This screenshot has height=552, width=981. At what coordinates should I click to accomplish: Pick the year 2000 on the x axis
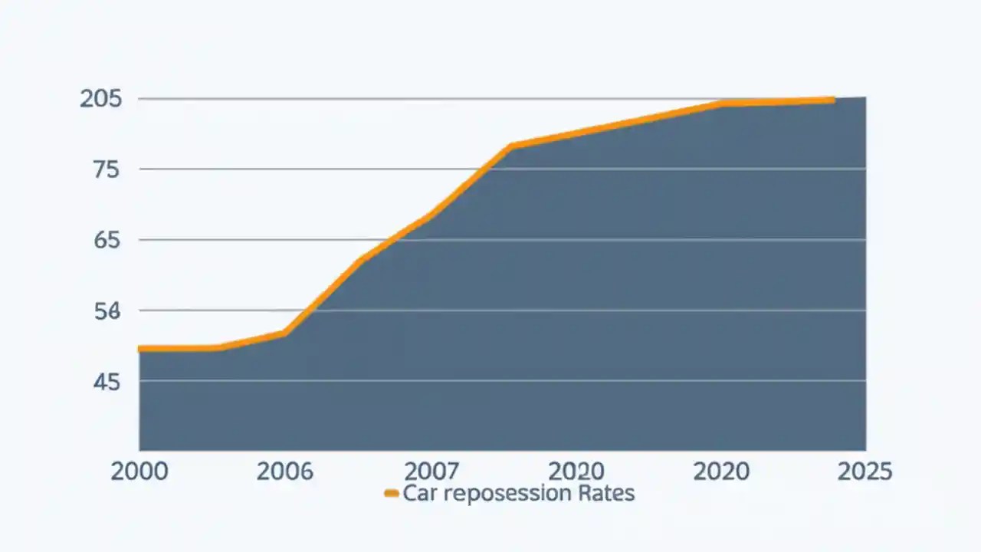tap(139, 471)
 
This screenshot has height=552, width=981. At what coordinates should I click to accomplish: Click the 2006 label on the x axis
tap(285, 471)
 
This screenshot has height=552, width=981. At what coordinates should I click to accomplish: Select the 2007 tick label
tap(431, 471)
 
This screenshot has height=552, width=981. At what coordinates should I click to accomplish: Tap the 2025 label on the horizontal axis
tap(865, 471)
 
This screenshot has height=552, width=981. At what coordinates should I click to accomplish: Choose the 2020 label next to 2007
tap(577, 471)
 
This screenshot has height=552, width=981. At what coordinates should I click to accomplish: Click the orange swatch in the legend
tap(391, 494)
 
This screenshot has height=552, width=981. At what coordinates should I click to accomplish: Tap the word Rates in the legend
tap(606, 493)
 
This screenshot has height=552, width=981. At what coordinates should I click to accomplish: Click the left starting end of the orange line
tap(140, 349)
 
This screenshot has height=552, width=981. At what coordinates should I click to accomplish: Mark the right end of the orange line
tap(832, 100)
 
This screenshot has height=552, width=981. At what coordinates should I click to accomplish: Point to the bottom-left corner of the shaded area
tap(139, 450)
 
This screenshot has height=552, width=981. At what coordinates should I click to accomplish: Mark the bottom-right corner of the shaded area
tap(865, 450)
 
